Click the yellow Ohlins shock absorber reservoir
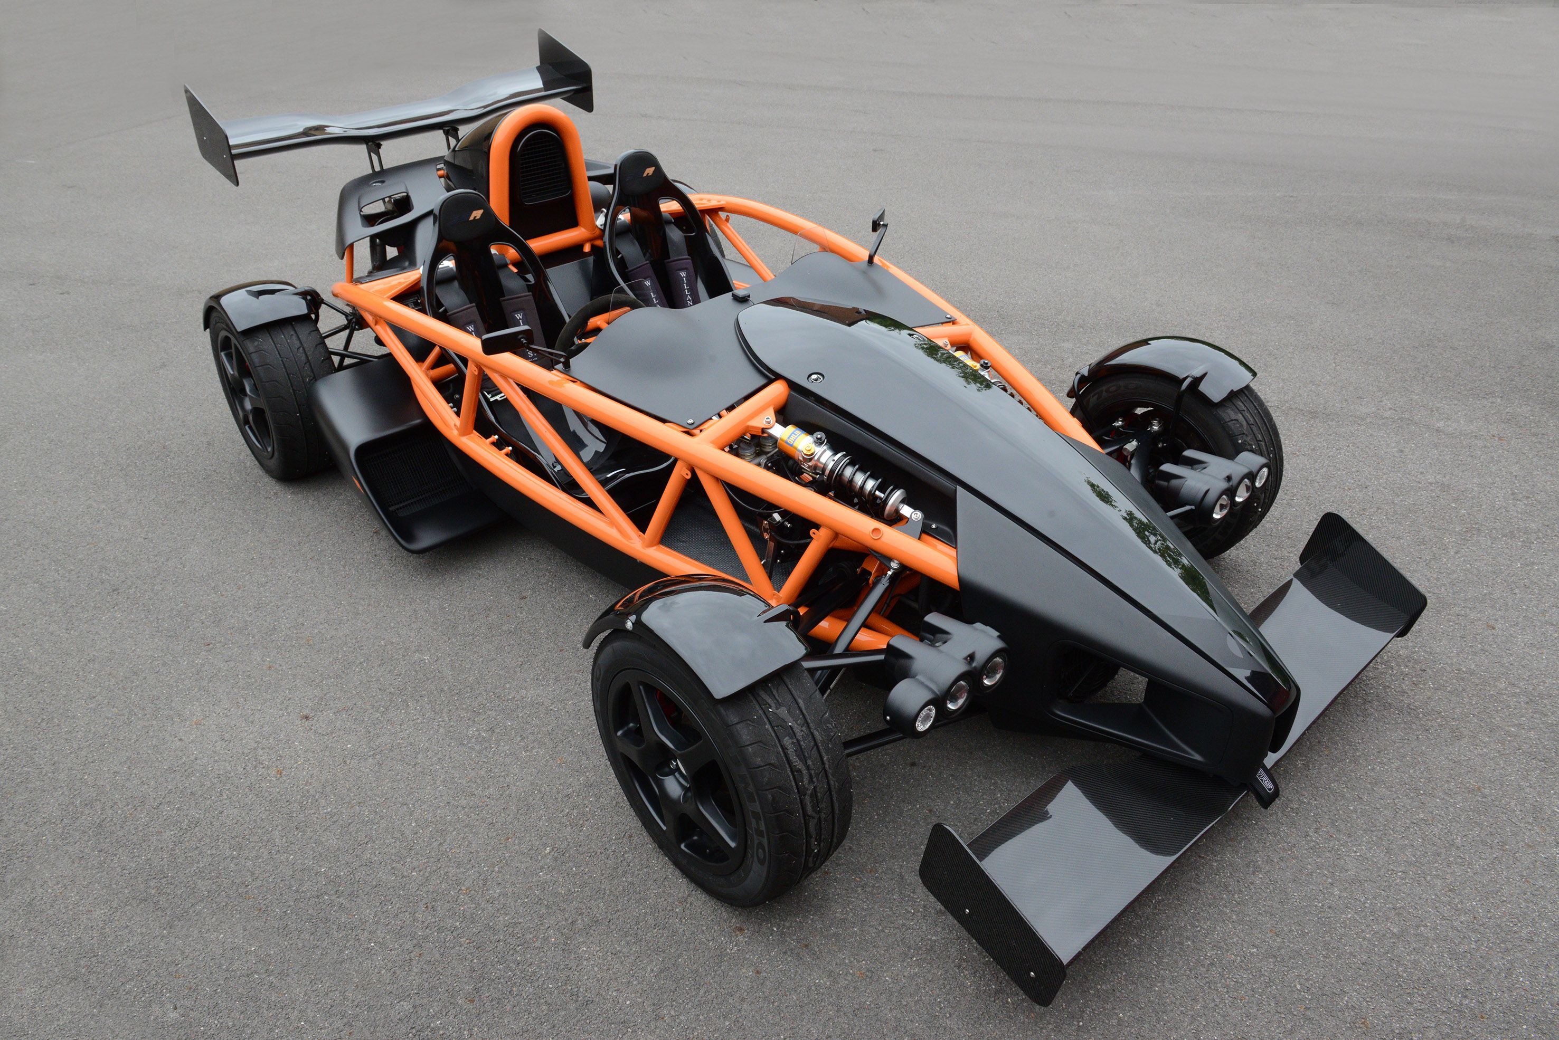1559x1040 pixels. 795,443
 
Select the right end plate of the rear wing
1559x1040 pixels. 564,70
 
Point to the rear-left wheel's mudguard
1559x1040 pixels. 262,305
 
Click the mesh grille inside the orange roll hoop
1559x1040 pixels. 543,166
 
